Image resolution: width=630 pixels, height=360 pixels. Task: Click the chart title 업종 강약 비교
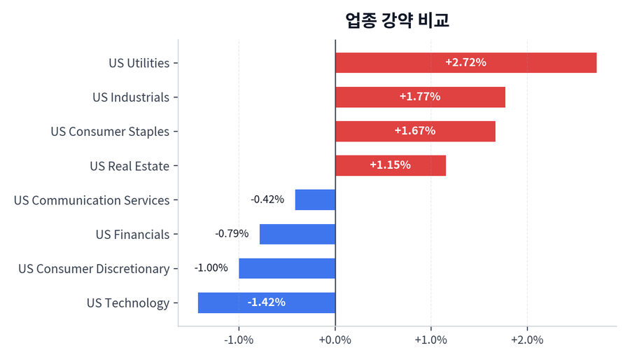(x=397, y=20)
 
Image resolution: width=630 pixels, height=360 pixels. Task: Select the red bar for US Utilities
(x=465, y=63)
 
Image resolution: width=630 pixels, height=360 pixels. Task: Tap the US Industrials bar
(x=420, y=97)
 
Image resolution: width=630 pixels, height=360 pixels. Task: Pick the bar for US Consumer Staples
(x=415, y=132)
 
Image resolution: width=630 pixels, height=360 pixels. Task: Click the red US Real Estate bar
(x=390, y=166)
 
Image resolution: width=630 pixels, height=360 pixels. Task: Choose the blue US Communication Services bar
(x=315, y=200)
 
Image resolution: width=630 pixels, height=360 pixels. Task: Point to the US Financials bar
(x=297, y=235)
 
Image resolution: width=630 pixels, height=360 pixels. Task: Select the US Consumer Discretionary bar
(x=287, y=269)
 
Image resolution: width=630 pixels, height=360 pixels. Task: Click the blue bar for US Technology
(x=267, y=303)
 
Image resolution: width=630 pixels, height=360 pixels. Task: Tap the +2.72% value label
(x=465, y=62)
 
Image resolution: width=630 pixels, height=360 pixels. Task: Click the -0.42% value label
(x=267, y=200)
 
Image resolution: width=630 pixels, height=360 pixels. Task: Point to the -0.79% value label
(x=232, y=234)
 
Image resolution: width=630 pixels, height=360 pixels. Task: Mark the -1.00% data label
(x=211, y=268)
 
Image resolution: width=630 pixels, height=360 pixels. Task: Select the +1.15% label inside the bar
(x=390, y=166)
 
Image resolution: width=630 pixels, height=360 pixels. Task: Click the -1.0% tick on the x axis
(x=239, y=340)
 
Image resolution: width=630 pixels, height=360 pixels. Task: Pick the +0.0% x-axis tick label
(x=335, y=340)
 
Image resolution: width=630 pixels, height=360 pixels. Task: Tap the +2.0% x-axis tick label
(x=527, y=340)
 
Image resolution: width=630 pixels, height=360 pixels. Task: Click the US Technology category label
(x=128, y=303)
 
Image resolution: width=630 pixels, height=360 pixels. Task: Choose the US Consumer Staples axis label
(x=110, y=132)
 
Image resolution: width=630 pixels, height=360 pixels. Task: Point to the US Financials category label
(x=132, y=235)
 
